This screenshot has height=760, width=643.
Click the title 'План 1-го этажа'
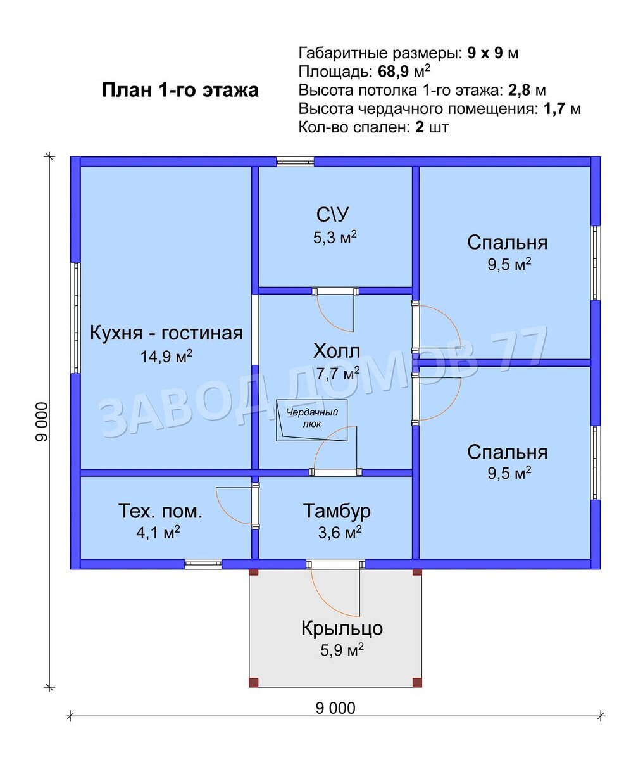(x=180, y=91)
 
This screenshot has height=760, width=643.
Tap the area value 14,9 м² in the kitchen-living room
(x=166, y=357)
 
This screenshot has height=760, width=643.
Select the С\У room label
(x=332, y=215)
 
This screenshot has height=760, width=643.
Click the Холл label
(x=336, y=351)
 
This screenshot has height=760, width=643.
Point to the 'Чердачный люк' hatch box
(x=312, y=419)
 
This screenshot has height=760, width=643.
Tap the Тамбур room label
(x=337, y=510)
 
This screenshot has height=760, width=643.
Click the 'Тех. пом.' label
(x=161, y=511)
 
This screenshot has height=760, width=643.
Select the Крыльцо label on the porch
(x=342, y=628)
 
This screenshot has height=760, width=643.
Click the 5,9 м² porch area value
(x=341, y=650)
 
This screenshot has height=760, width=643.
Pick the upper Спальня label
(x=507, y=243)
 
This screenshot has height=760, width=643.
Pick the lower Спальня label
(x=507, y=452)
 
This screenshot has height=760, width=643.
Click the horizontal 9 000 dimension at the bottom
(x=335, y=708)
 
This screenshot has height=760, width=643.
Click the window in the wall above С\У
(x=295, y=161)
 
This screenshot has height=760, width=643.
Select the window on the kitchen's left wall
(x=75, y=318)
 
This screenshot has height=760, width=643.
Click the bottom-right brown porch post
(x=416, y=682)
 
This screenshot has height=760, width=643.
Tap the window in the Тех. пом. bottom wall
(x=203, y=564)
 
